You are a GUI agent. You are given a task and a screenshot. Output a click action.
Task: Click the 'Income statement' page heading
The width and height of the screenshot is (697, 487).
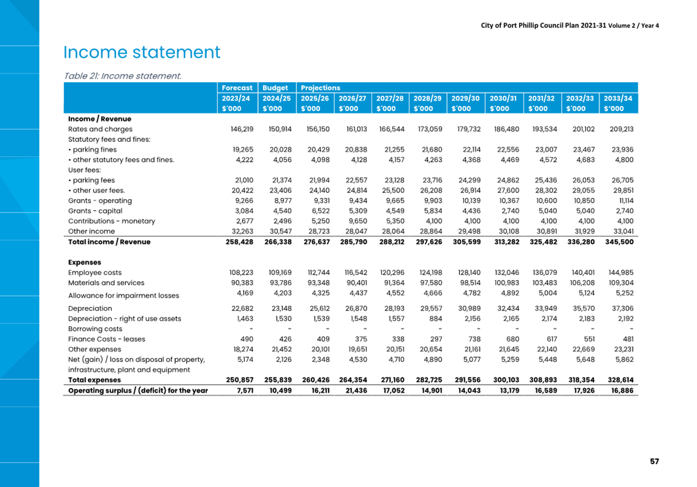(x=142, y=52)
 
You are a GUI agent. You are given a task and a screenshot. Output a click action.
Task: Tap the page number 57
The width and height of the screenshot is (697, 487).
(x=655, y=461)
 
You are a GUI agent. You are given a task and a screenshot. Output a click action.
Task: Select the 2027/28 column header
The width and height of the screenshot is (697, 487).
(x=390, y=98)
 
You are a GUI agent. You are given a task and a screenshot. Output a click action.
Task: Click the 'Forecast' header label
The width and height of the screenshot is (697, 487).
(x=237, y=88)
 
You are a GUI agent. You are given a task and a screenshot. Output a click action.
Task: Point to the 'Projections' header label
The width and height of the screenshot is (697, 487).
(x=320, y=88)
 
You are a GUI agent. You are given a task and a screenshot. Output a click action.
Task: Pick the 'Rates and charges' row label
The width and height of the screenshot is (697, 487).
(x=100, y=129)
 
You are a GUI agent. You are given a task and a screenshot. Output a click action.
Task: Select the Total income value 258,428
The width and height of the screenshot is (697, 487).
(x=240, y=242)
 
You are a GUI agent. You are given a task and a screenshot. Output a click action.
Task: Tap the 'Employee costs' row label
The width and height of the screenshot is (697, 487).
(x=95, y=273)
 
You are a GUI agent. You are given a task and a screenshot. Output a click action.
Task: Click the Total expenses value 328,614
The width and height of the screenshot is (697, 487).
(x=620, y=380)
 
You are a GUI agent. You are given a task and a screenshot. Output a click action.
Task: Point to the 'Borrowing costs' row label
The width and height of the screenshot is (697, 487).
(x=95, y=329)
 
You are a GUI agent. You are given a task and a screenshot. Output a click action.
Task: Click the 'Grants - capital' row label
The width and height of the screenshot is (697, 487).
(x=95, y=211)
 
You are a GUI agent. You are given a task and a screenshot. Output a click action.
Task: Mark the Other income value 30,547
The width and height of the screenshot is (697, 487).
(x=280, y=231)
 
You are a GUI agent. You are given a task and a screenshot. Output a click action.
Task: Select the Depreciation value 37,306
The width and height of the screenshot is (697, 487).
(x=622, y=308)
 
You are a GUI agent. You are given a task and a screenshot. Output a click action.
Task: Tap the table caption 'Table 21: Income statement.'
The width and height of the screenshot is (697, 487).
(x=123, y=76)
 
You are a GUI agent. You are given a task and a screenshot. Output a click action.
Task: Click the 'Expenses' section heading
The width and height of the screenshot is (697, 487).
(x=85, y=262)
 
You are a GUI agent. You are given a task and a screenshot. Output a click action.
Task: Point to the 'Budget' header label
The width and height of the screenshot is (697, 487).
(x=275, y=88)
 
